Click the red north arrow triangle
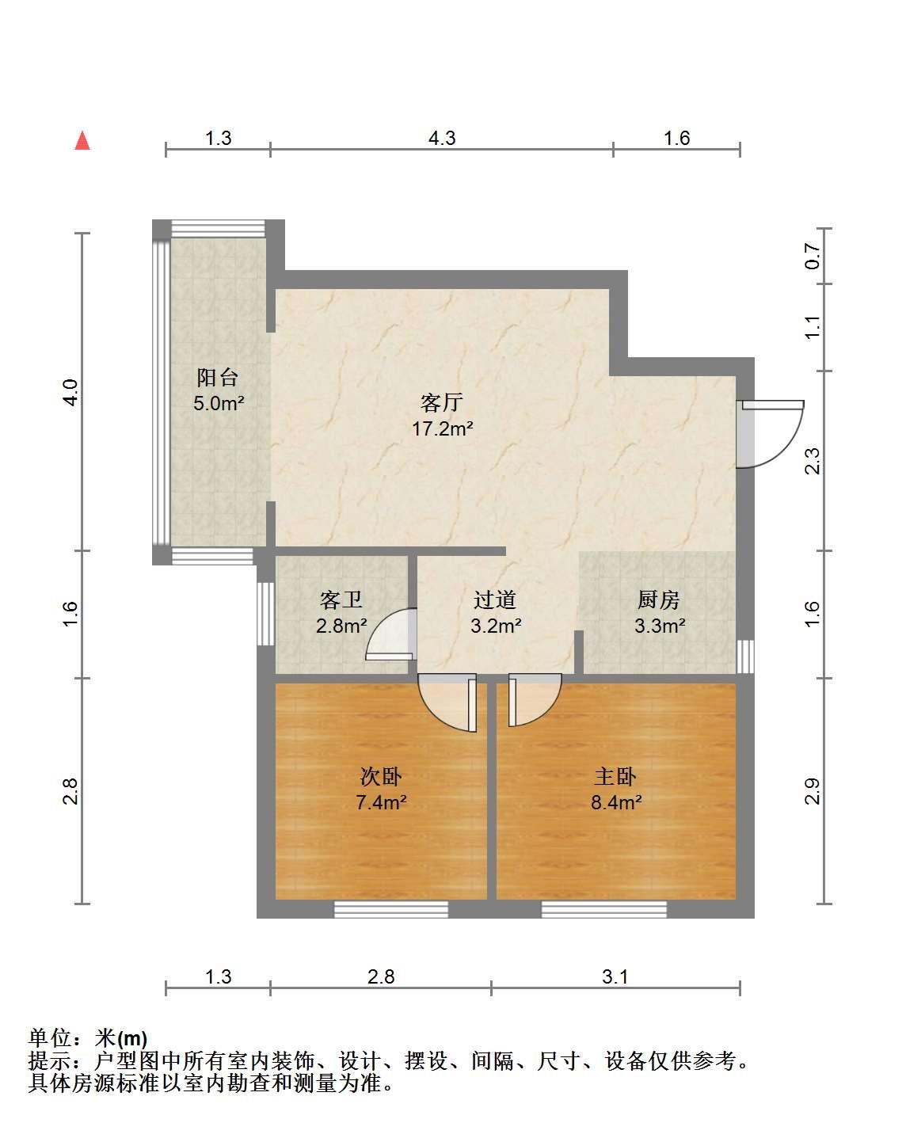[82, 141]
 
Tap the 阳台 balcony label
[217, 378]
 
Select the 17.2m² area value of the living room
[442, 428]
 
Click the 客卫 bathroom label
[341, 600]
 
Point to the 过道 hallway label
[495, 600]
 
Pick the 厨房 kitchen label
[658, 600]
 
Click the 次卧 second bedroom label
[381, 777]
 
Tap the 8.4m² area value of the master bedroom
[616, 802]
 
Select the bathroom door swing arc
[390, 634]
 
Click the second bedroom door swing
[447, 702]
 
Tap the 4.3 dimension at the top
[442, 138]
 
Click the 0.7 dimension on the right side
[813, 256]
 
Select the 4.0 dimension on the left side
[70, 392]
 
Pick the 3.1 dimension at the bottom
[615, 976]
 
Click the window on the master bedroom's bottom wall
[603, 909]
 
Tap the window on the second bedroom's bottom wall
[391, 909]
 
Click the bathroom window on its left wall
[265, 614]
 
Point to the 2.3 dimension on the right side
[813, 461]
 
